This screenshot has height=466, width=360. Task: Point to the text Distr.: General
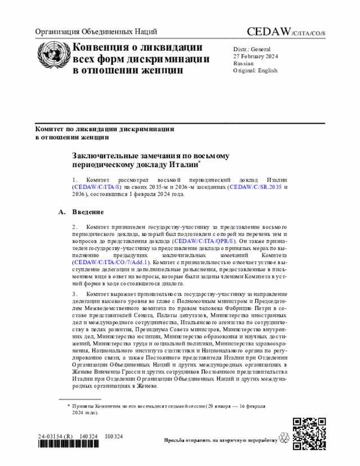(x=251, y=49)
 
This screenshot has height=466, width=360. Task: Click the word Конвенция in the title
(x=103, y=47)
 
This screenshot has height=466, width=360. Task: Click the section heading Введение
(x=88, y=212)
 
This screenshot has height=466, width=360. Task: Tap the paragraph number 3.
(x=74, y=294)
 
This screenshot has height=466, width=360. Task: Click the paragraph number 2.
(x=74, y=226)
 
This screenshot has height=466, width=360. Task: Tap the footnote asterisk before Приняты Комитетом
(x=69, y=405)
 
